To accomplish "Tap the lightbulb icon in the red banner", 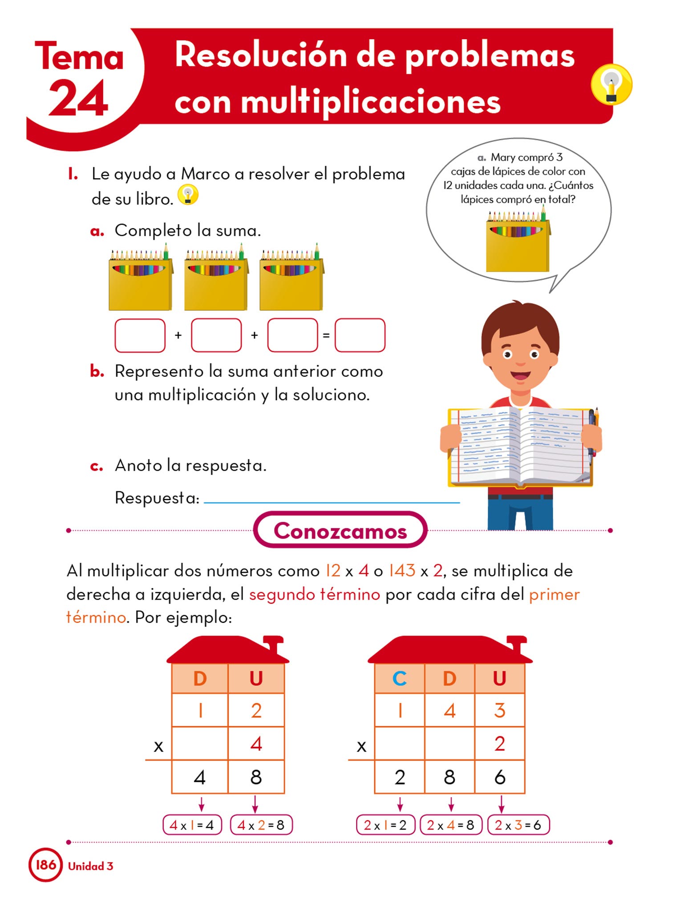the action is click(x=611, y=85).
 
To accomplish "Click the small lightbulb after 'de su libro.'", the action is click(x=188, y=195).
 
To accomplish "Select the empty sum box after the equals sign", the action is click(x=360, y=335).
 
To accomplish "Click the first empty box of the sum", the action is click(x=140, y=335).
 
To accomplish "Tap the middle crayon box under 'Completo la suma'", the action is click(x=216, y=277).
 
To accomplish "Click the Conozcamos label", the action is click(x=340, y=530).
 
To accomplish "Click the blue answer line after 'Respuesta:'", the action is click(x=332, y=503).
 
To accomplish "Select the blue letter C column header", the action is click(x=400, y=678).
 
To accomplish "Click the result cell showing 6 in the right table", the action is click(x=500, y=777).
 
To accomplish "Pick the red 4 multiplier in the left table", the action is click(x=256, y=743).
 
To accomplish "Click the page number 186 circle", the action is click(x=45, y=865).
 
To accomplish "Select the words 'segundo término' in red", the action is click(x=315, y=594).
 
